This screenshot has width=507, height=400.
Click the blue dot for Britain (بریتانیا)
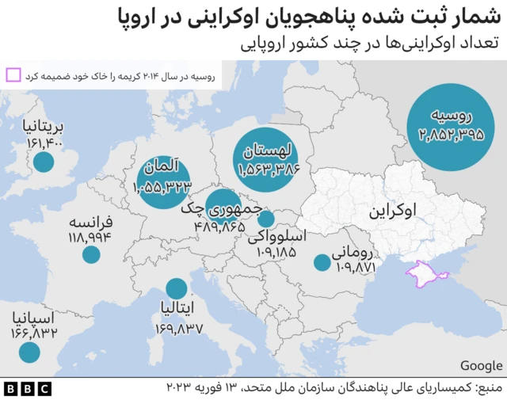(x=44, y=162)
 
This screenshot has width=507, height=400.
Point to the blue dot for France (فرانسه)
(x=91, y=254)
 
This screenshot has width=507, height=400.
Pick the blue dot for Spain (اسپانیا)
(x=29, y=352)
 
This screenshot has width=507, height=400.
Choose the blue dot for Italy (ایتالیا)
(x=177, y=290)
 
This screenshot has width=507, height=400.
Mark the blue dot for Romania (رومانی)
(x=322, y=262)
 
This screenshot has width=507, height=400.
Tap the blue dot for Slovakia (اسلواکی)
(x=266, y=219)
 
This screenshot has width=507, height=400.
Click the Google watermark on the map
(x=481, y=365)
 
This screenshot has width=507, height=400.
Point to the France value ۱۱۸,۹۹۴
(x=92, y=237)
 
